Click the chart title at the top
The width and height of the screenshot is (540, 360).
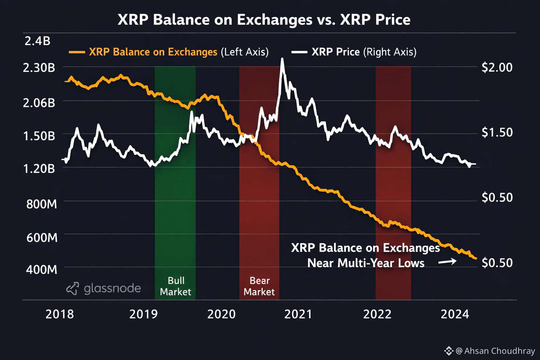pyautogui.click(x=264, y=20)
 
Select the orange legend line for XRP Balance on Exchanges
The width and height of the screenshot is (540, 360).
pyautogui.click(x=77, y=52)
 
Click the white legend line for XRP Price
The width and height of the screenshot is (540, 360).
pyautogui.click(x=299, y=52)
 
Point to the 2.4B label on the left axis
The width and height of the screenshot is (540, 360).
pyautogui.click(x=37, y=41)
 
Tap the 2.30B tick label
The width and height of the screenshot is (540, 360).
pyautogui.click(x=39, y=67)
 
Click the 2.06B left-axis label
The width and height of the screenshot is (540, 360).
pyautogui.click(x=39, y=103)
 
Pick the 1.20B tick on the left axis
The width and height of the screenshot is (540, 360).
pyautogui.click(x=39, y=169)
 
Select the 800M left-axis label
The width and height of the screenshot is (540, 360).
pyautogui.click(x=41, y=204)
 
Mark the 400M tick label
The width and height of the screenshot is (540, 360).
pyautogui.click(x=41, y=270)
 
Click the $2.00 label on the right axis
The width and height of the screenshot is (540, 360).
pyautogui.click(x=497, y=67)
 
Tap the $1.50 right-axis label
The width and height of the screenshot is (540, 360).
pyautogui.click(x=497, y=133)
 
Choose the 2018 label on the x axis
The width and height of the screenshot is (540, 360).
pyautogui.click(x=59, y=314)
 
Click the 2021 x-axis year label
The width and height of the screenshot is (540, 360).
pyautogui.click(x=298, y=314)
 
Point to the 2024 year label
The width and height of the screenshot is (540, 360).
pyautogui.click(x=455, y=314)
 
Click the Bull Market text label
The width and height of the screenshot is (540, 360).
pyautogui.click(x=175, y=286)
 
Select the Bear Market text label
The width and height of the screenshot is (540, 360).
pyautogui.click(x=259, y=286)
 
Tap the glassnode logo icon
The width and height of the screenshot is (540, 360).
pyautogui.click(x=72, y=288)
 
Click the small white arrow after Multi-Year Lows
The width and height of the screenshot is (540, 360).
pyautogui.click(x=447, y=262)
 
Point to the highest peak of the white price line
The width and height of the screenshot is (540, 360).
pyautogui.click(x=282, y=59)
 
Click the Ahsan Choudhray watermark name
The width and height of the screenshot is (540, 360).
pyautogui.click(x=499, y=351)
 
